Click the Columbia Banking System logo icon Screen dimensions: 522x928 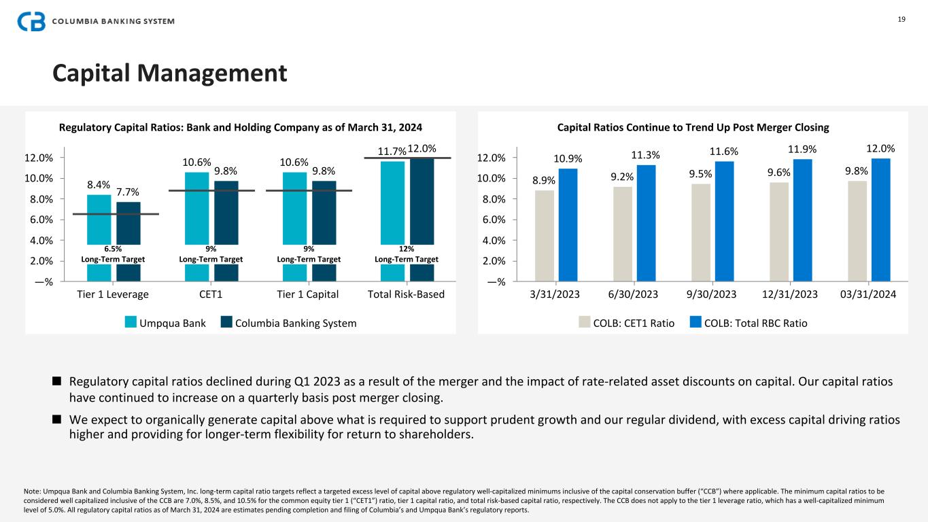click(x=31, y=21)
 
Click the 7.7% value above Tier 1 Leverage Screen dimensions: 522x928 click(x=128, y=192)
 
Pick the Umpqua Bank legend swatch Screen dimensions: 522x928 click(x=131, y=323)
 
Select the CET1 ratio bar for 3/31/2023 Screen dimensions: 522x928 click(x=545, y=235)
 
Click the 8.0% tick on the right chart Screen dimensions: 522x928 click(x=493, y=199)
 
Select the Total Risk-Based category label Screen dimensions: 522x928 click(x=406, y=294)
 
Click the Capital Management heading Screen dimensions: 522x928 click(x=170, y=73)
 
